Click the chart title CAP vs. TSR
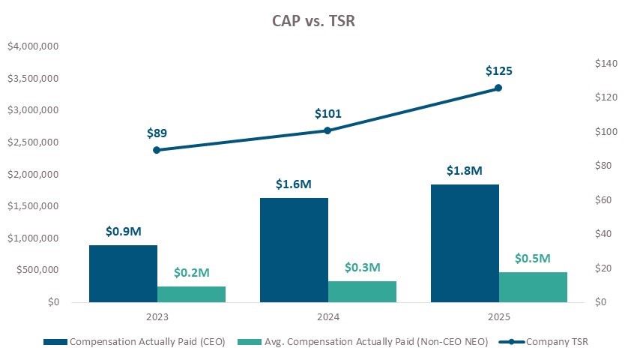click(x=313, y=21)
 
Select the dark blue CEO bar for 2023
click(x=123, y=274)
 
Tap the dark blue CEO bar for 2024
click(x=294, y=250)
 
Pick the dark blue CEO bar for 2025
click(x=465, y=243)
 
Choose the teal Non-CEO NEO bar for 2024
click(x=362, y=292)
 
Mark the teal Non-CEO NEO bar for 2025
click(x=533, y=287)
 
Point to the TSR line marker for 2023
click(x=157, y=150)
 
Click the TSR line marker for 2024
click(x=327, y=130)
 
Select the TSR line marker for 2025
click(x=498, y=88)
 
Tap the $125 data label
click(x=498, y=71)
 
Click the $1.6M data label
click(x=294, y=184)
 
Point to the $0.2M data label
click(x=191, y=271)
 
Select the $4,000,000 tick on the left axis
click(x=33, y=46)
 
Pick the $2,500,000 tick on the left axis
click(x=33, y=142)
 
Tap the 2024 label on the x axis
click(x=327, y=317)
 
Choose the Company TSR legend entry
click(x=547, y=342)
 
